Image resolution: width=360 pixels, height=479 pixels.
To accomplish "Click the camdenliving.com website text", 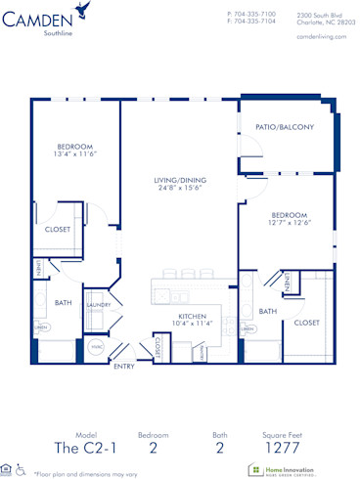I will click(320, 34).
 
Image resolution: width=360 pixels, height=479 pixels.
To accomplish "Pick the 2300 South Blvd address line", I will click(320, 15).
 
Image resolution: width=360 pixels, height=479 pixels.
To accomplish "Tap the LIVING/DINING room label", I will click(180, 180).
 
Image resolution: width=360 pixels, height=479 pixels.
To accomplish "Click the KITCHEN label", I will click(193, 317).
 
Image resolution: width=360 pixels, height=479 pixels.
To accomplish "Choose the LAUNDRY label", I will click(99, 304).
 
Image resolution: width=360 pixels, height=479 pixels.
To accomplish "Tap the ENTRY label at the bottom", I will click(124, 367).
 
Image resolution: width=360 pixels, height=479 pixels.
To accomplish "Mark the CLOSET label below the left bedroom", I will click(57, 230).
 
